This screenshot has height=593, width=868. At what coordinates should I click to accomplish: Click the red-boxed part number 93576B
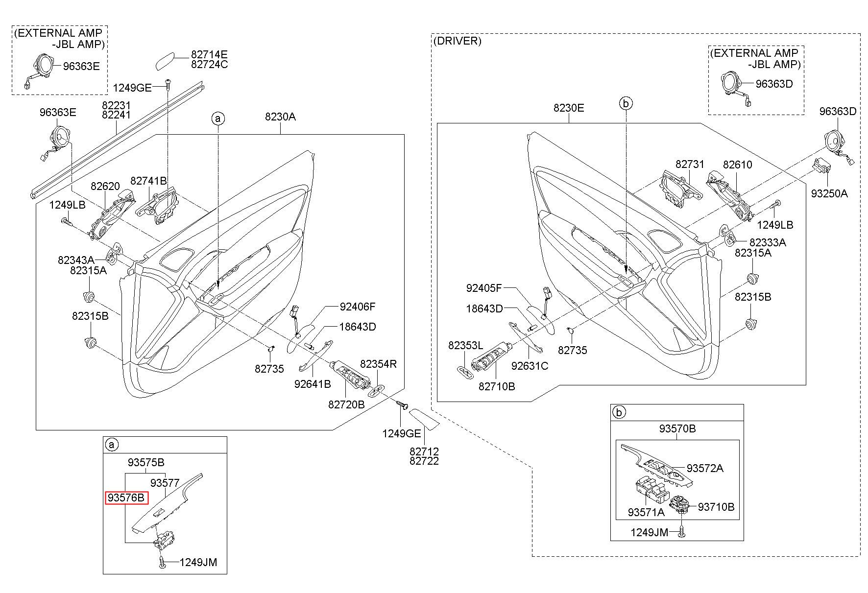126,498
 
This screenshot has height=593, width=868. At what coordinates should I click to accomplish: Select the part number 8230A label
280,117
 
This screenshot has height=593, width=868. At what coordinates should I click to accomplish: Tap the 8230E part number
569,108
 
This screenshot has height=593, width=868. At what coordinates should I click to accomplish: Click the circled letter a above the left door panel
218,119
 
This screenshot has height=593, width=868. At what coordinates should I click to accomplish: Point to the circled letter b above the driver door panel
626,103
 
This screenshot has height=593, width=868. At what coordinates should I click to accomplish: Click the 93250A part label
829,193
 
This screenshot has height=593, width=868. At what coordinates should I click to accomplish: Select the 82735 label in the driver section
573,350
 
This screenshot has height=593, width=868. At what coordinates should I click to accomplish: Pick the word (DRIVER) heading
458,41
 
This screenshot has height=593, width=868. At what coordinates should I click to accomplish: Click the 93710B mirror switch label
716,507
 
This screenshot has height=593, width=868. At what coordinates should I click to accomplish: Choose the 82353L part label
465,346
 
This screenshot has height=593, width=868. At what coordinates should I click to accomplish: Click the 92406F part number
358,307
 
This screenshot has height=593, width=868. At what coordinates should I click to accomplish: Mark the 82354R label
379,364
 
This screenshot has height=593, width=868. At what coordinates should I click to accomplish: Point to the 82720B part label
346,404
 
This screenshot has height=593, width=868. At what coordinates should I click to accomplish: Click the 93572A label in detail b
705,468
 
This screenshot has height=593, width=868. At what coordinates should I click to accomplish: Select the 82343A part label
76,260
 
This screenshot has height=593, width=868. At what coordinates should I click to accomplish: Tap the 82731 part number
690,165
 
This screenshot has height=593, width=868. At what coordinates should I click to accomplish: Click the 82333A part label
768,242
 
